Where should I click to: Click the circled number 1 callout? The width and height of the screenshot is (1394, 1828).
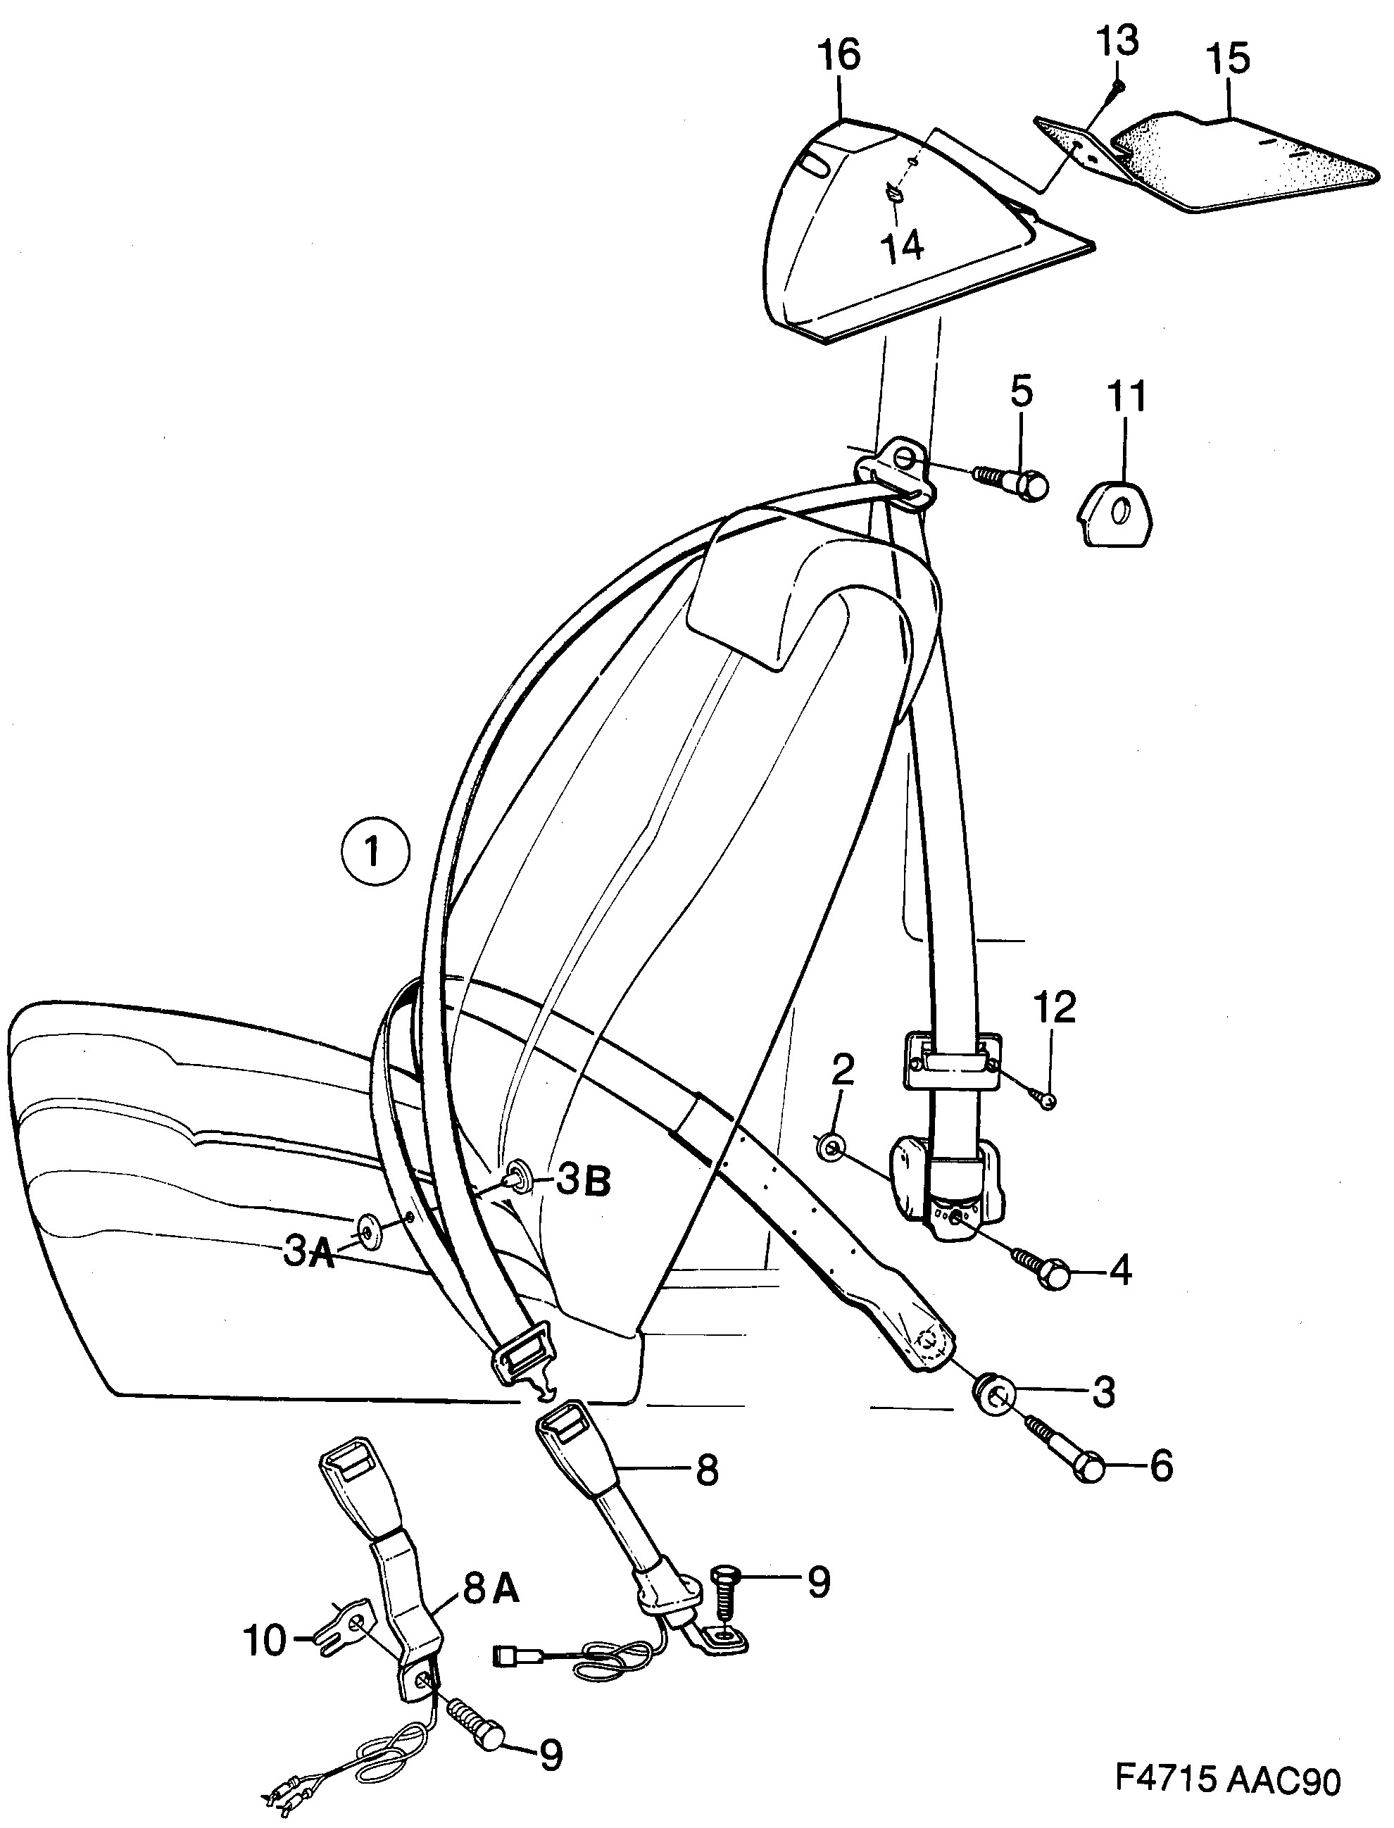point(375,852)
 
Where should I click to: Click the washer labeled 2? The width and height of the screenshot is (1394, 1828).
point(832,1148)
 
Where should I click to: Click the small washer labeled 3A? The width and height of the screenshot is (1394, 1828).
point(368,1229)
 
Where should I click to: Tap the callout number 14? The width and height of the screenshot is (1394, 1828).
point(901,246)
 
